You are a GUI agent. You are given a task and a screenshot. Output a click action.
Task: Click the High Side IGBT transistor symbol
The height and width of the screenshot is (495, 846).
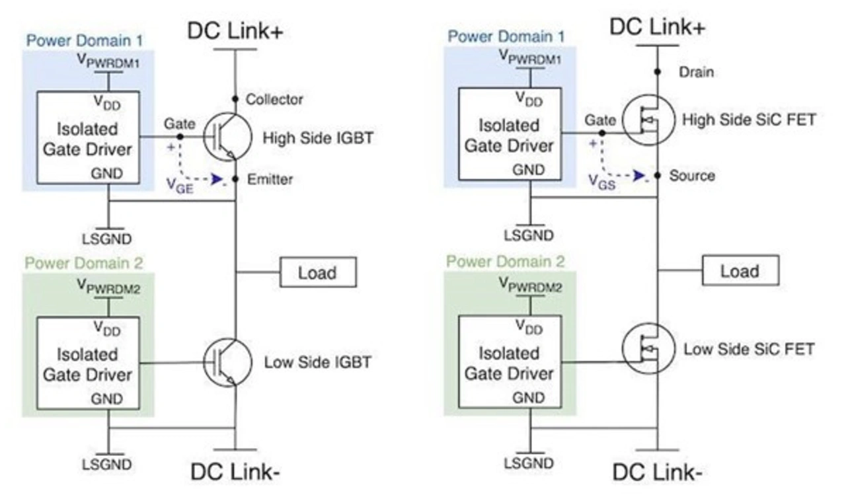227,137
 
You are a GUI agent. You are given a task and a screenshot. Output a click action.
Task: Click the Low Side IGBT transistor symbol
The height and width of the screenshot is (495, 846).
227,362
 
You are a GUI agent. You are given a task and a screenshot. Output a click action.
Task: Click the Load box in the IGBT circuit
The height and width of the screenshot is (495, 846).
318,272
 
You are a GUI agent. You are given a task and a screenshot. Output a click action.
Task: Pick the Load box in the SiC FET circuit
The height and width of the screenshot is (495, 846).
740,271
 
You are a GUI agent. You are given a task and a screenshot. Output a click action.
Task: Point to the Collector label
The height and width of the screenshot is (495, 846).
274,100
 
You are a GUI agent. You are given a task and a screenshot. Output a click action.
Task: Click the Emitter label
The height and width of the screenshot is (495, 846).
270,179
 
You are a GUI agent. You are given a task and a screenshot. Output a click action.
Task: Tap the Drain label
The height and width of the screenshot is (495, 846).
697,72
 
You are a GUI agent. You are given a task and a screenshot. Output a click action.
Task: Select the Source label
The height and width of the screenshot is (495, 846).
692,176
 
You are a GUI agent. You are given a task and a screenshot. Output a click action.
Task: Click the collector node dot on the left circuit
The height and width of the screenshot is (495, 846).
235,99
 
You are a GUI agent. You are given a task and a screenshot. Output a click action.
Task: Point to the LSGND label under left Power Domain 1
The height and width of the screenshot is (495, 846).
107,238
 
